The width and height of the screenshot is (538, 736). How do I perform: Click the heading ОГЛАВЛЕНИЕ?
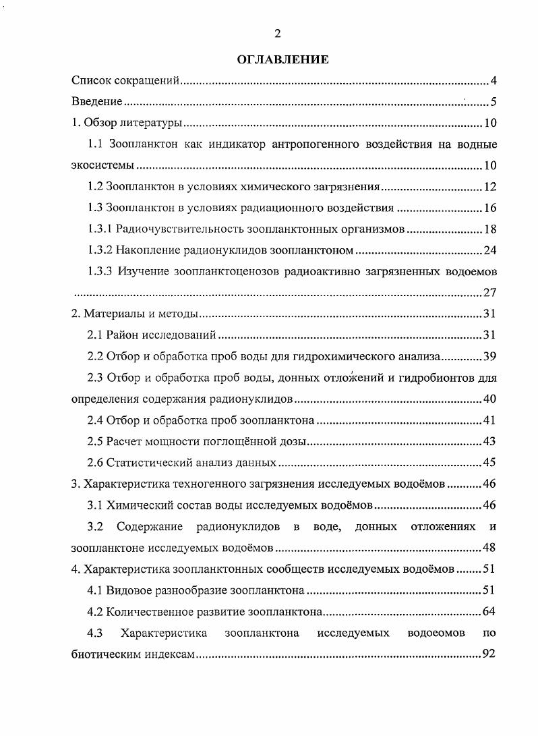coord(282,60)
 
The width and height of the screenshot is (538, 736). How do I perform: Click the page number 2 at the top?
coord(277,34)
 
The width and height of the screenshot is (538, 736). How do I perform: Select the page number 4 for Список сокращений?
coord(493,82)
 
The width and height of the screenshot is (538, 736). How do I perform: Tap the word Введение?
coord(96,103)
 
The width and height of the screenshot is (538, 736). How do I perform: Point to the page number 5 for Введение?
coord(493,103)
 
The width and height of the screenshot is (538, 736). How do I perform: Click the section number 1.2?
coord(96,187)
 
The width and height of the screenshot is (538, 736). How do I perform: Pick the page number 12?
coord(490,187)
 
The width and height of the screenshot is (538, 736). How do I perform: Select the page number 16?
coord(490,208)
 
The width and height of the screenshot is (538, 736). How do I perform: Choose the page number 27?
coord(490,293)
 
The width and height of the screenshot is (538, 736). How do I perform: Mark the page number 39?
coord(490,356)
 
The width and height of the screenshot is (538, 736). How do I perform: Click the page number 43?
coord(490,441)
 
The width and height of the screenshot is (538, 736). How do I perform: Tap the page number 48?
coord(490,547)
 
